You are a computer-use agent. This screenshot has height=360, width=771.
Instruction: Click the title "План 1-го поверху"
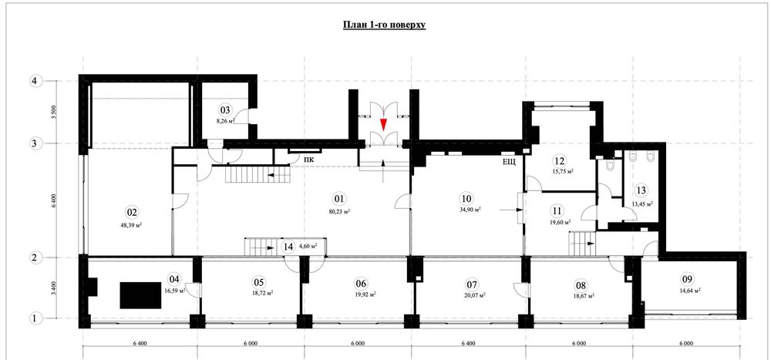pos(384,25)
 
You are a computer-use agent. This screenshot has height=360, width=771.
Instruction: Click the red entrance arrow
pos(383,125)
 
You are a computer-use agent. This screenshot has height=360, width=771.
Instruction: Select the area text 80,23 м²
pos(338,210)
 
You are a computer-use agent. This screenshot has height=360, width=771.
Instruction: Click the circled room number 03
pos(225,110)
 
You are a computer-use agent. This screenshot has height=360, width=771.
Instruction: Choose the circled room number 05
pos(258,281)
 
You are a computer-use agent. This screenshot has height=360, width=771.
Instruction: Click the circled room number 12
pos(559,160)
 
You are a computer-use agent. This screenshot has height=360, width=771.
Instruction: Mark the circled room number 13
pos(641,190)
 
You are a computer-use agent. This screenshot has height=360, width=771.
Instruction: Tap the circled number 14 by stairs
pos(288,247)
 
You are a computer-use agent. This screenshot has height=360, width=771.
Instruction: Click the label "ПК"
pos(308,160)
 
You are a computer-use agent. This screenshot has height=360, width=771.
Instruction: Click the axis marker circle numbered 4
pos(34,80)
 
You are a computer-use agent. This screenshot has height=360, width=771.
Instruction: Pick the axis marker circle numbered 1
pos(34,317)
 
